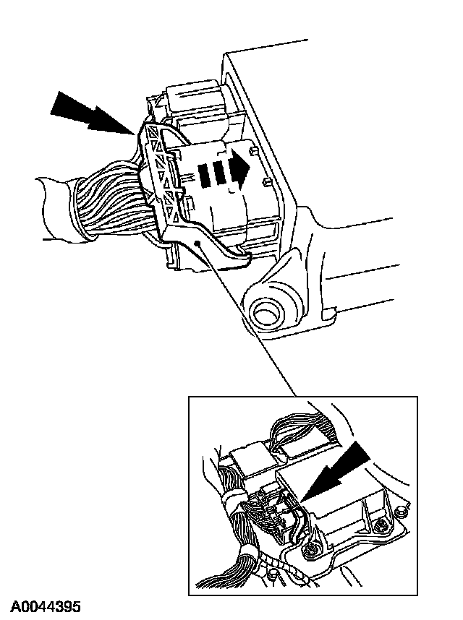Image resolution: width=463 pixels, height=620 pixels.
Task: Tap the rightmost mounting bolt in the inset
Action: coord(400,512)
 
